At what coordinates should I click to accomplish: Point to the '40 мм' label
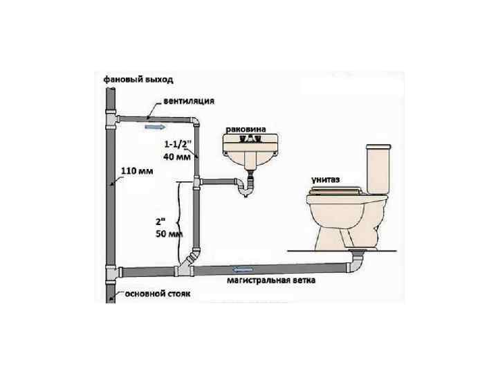pyautogui.click(x=176, y=157)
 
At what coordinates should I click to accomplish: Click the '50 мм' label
pyautogui.click(x=168, y=234)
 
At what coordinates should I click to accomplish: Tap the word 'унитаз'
pyautogui.click(x=326, y=179)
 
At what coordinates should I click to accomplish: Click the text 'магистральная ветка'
pyautogui.click(x=271, y=282)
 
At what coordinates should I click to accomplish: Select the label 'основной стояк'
pyautogui.click(x=157, y=294)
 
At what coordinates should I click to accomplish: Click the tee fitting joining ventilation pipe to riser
pyautogui.click(x=111, y=122)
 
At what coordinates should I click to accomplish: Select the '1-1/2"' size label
pyautogui.click(x=178, y=145)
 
